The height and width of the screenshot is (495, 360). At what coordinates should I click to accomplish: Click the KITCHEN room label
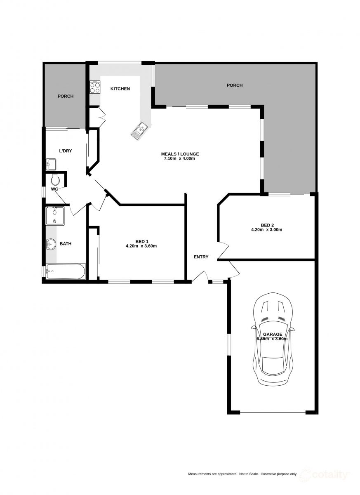(120, 89)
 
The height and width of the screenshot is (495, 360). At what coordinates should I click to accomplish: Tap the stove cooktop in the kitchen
(95, 87)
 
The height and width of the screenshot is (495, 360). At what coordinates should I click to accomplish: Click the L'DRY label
(66, 151)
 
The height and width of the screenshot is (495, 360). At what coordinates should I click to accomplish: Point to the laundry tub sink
(51, 164)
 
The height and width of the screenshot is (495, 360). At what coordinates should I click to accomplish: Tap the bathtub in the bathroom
(66, 271)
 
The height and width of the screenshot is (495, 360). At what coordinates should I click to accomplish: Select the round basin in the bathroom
(51, 244)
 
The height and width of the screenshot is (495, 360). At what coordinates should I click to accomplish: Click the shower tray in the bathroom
(55, 216)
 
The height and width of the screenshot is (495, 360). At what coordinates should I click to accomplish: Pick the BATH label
(66, 244)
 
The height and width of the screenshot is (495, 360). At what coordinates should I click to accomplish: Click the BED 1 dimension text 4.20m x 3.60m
(141, 246)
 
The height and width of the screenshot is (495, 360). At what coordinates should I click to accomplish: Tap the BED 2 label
(267, 225)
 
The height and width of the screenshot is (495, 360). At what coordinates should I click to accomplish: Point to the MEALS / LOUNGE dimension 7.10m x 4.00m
(179, 158)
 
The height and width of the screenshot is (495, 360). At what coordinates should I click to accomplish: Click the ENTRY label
(201, 257)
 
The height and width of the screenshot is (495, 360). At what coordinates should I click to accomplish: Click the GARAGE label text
(273, 335)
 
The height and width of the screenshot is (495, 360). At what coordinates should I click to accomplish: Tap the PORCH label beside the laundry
(66, 96)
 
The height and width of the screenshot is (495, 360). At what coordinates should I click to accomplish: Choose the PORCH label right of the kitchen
(235, 85)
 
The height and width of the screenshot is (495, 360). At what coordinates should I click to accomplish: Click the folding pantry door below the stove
(101, 118)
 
